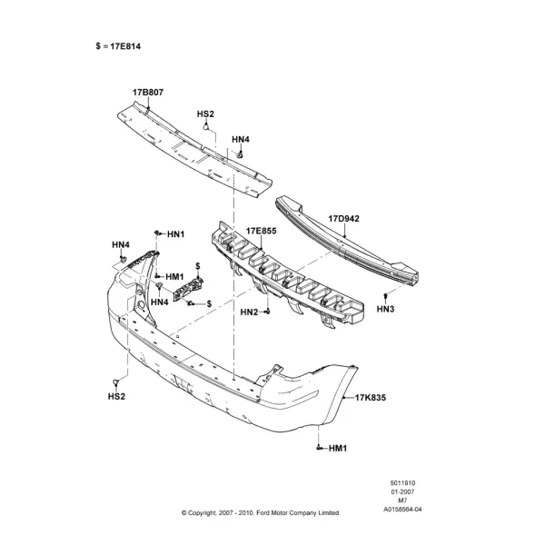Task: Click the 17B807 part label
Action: (x=148, y=93)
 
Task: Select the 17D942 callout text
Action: (x=343, y=219)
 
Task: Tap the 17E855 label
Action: (x=262, y=231)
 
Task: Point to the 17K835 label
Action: (x=371, y=397)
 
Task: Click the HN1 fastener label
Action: (x=176, y=234)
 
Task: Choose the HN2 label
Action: (x=249, y=312)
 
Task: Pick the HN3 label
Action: (x=385, y=309)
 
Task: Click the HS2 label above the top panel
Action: (x=205, y=114)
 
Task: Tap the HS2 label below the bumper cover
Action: (x=116, y=396)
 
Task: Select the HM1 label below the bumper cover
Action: (x=338, y=449)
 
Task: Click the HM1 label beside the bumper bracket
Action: (x=174, y=277)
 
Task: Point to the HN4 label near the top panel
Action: (x=241, y=139)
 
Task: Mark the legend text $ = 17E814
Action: (x=118, y=46)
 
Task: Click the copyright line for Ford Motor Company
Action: (x=260, y=512)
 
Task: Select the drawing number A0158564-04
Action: (x=402, y=510)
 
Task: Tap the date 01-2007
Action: (x=402, y=491)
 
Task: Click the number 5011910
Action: (x=402, y=483)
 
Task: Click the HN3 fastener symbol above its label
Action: (x=385, y=296)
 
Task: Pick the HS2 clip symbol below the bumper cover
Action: (x=115, y=383)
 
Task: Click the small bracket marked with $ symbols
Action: (x=188, y=289)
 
